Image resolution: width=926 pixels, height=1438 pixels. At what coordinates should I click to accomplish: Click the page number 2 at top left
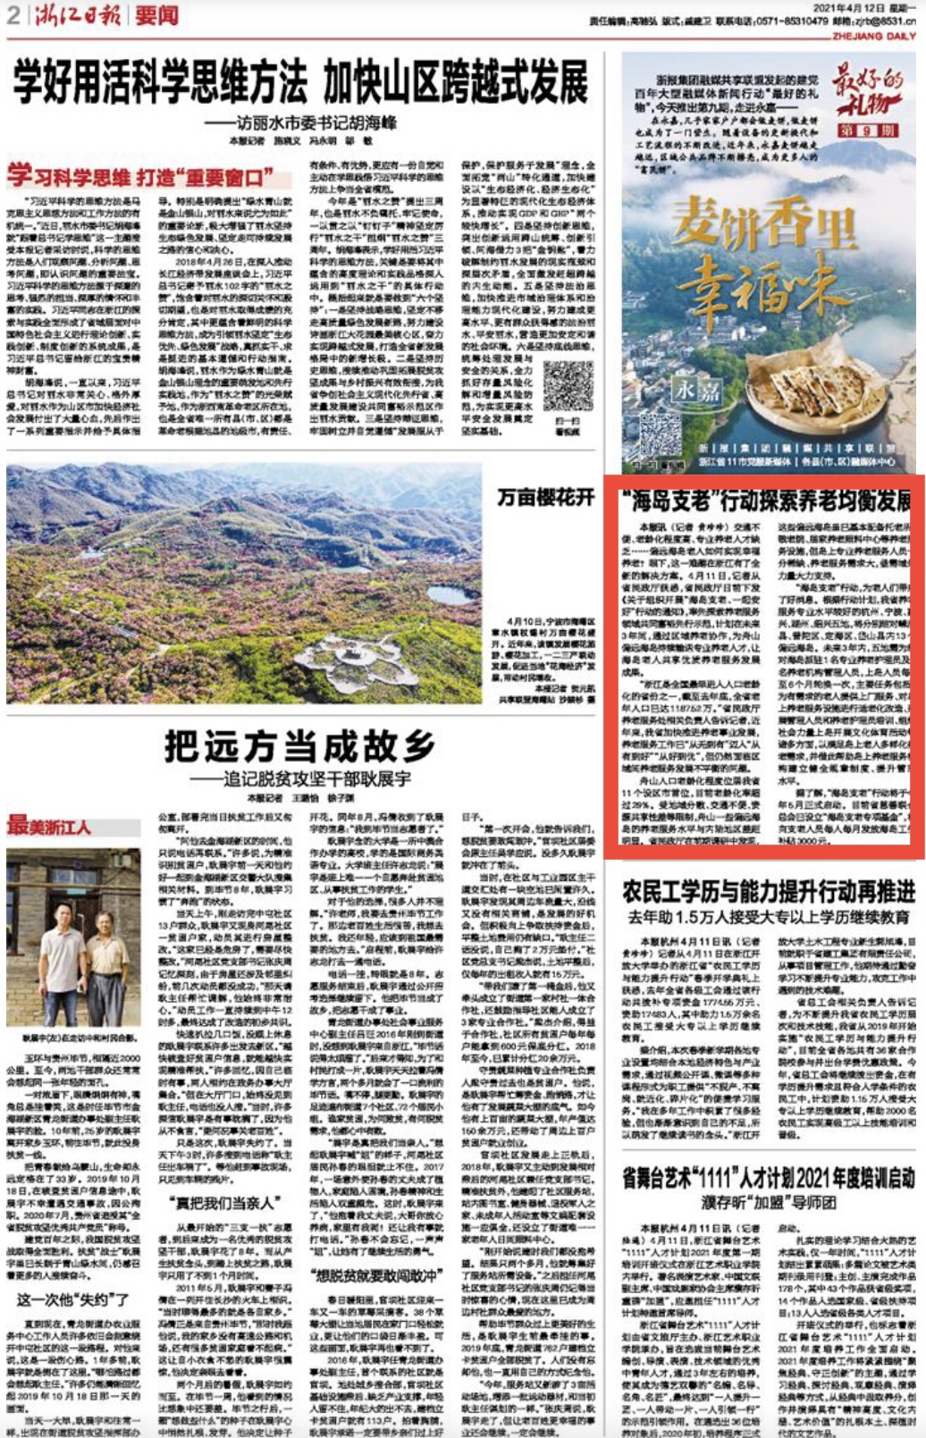tap(13, 14)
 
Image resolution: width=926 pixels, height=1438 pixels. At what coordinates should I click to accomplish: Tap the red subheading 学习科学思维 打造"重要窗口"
tap(140, 176)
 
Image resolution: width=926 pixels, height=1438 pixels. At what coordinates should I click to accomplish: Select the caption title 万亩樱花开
tap(545, 498)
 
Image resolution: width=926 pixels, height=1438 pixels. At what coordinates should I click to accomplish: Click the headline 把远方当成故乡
tap(299, 747)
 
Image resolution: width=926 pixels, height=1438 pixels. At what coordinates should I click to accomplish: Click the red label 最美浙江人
tap(49, 827)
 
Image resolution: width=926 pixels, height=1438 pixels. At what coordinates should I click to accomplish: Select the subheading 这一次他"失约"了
tap(73, 1299)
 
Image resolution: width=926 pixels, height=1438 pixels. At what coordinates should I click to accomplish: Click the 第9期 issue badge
tap(866, 130)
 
